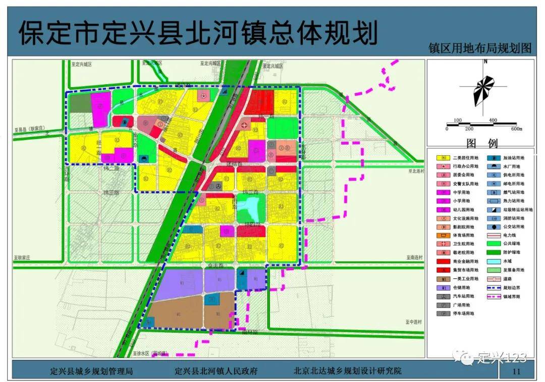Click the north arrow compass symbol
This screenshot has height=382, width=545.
click(483, 91)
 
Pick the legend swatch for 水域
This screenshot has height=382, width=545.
click(494, 261)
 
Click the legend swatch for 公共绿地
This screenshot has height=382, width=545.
click(494, 244)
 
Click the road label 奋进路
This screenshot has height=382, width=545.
click(217, 265)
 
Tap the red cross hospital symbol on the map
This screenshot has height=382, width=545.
click(245, 125)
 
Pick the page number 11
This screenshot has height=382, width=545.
click(516, 371)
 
